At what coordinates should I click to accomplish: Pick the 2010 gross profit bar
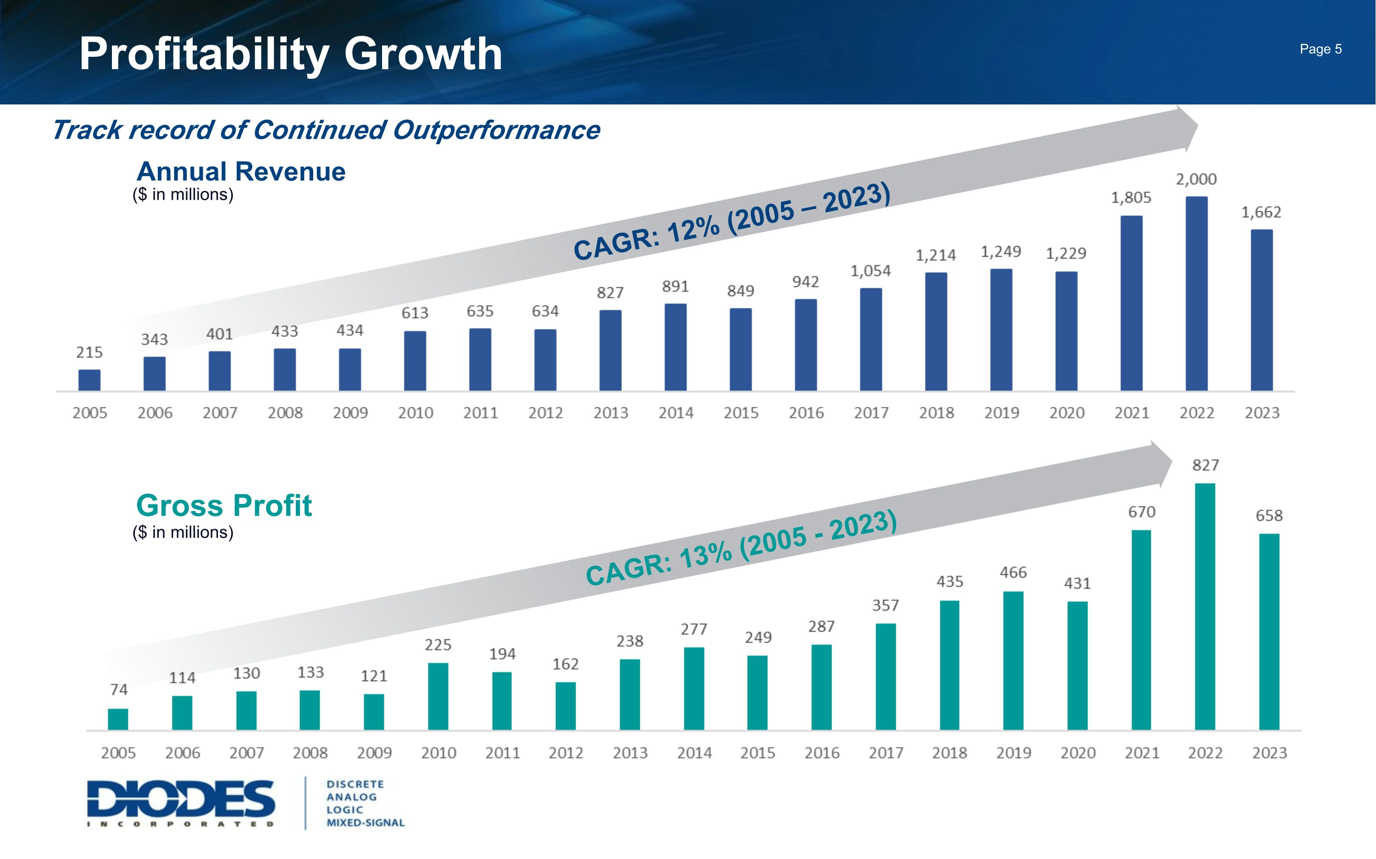(438, 696)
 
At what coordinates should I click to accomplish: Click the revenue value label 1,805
(1131, 198)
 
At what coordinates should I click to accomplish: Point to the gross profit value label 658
(1269, 515)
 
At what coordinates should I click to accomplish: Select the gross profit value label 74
(119, 689)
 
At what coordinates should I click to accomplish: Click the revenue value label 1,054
(871, 271)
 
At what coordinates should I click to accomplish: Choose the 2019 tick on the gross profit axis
(1013, 753)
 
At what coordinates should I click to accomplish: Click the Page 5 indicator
(1321, 49)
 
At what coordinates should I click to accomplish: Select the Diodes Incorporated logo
(181, 803)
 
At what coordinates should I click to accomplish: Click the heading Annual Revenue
(241, 172)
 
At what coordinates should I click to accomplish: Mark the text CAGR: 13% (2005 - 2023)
(741, 547)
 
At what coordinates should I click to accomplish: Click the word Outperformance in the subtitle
(496, 130)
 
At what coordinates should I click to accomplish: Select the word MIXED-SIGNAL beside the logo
(365, 823)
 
